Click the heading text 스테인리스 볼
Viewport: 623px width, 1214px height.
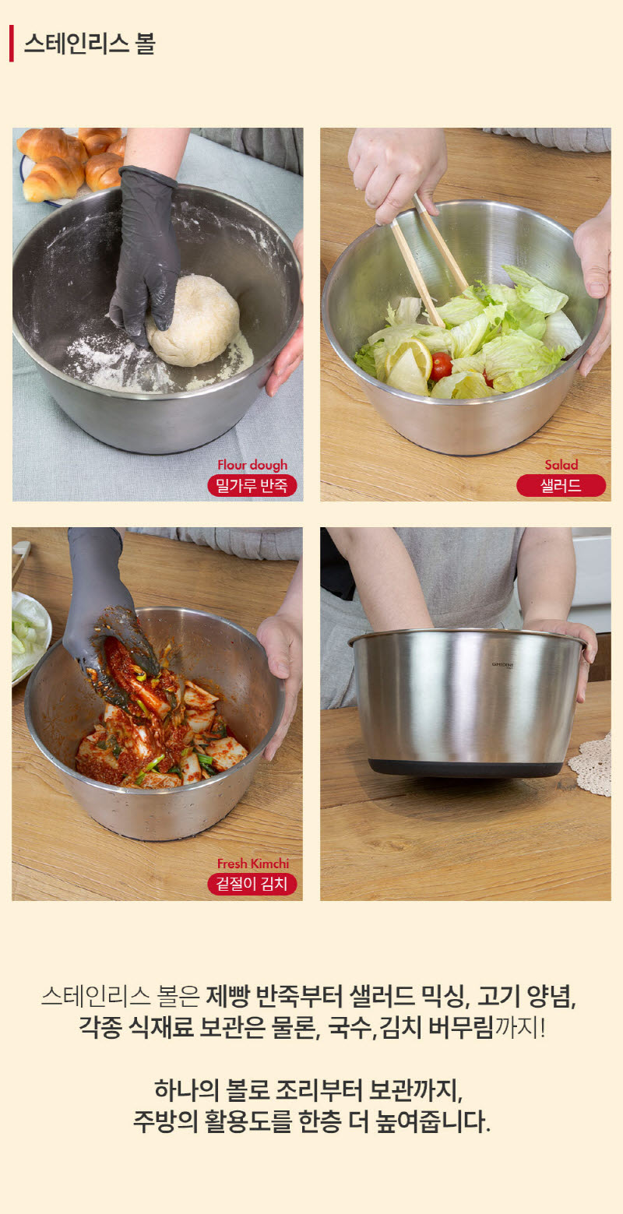[x=90, y=44]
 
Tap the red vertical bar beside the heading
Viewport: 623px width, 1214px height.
[x=12, y=44]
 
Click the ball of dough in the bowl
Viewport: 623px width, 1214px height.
[x=193, y=320]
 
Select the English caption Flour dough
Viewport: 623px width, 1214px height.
[x=252, y=465]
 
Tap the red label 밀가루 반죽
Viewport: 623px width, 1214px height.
[x=252, y=485]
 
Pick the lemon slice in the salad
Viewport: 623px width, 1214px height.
[x=409, y=364]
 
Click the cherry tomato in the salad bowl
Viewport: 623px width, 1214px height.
[x=442, y=366]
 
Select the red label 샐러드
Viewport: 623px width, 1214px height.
[x=561, y=485]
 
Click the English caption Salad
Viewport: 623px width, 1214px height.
[x=561, y=464]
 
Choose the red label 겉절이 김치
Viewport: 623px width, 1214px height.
[x=252, y=884]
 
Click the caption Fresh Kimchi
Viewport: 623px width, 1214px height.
[x=252, y=864]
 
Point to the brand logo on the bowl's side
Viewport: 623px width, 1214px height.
[x=502, y=664]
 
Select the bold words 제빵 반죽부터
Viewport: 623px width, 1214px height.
[x=274, y=996]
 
